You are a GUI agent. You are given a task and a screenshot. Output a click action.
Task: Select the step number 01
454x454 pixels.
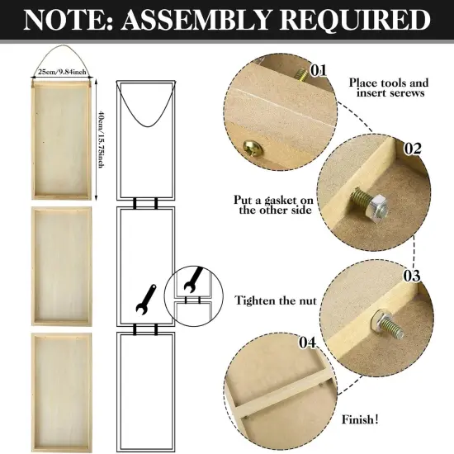pos(319,70)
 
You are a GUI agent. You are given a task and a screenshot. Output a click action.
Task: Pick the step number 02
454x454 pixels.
pos(413,149)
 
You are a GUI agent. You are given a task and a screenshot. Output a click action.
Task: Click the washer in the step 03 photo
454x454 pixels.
pos(385,319)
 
